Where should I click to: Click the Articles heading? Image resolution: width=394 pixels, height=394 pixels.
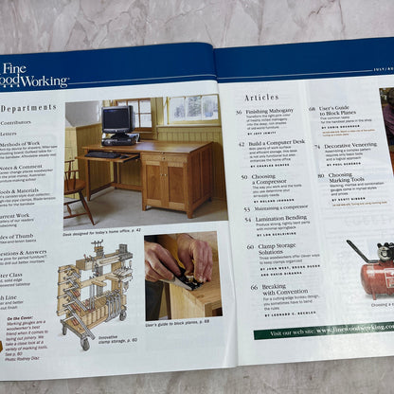[261, 98]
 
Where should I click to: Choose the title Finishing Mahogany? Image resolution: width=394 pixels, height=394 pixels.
[275, 112]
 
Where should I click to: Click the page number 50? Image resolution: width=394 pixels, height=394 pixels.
[241, 176]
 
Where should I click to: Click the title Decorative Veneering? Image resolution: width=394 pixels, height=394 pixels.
[352, 147]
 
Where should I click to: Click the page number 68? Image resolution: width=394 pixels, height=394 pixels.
[313, 110]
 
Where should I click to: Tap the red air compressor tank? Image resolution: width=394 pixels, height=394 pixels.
[375, 274]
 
